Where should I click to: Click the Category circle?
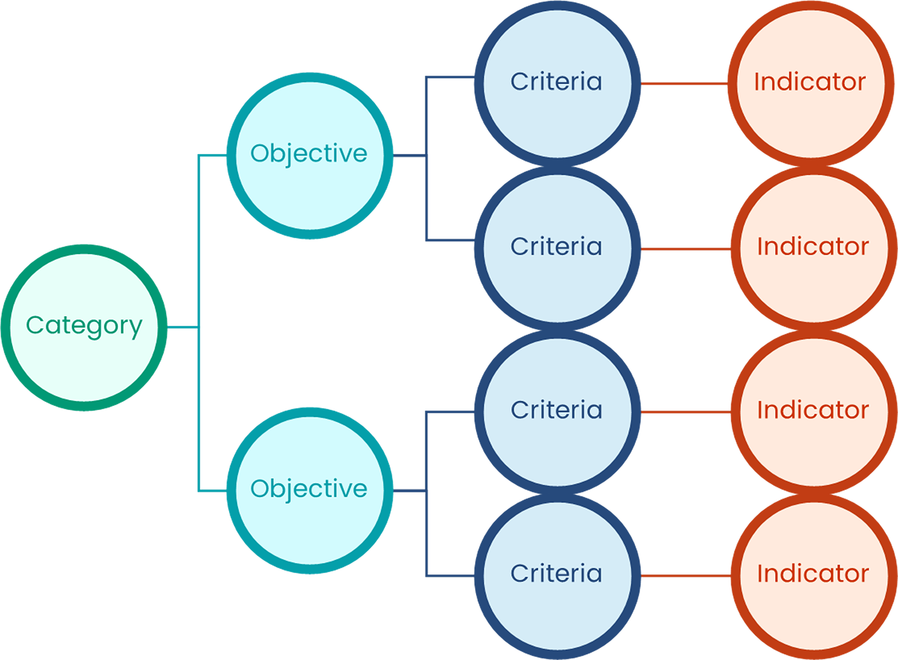coord(84,326)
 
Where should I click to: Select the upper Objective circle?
coord(309,155)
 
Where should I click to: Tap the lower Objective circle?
coord(309,489)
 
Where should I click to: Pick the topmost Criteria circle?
coord(556,82)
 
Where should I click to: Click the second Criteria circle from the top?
coord(556,247)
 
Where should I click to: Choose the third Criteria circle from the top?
coord(556,410)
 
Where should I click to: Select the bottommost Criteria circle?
coord(556,574)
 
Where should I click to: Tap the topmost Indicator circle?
coord(810,82)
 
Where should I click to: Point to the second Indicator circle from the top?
coord(813,247)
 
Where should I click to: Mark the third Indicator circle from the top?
coord(813,410)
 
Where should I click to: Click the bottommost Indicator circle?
coord(813,574)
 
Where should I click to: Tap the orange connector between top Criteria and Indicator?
coord(684,96)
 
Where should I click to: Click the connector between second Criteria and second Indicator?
coord(684,247)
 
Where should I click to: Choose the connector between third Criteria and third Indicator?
coord(684,410)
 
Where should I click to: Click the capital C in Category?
coord(34,325)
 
